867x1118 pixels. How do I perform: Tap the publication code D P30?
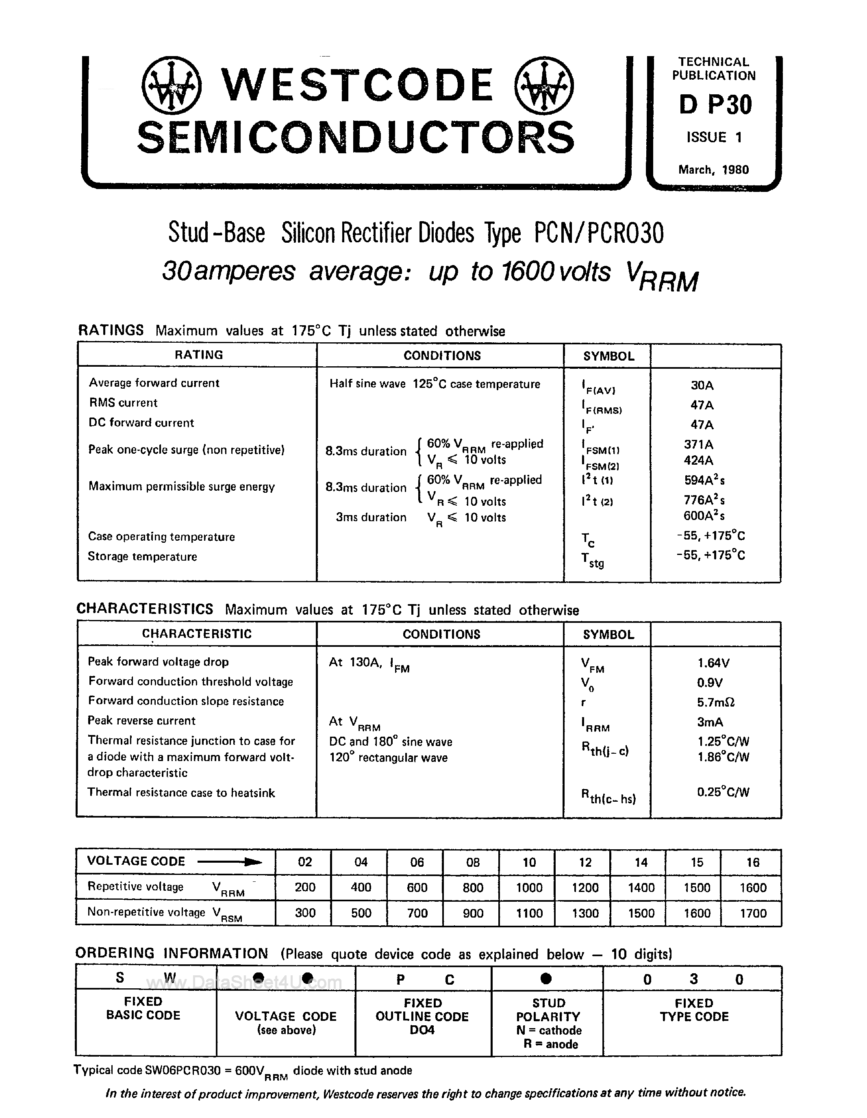click(x=715, y=105)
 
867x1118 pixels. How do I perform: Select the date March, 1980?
click(x=713, y=170)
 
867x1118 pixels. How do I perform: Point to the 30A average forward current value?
click(x=702, y=385)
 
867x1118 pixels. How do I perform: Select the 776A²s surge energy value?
click(x=704, y=500)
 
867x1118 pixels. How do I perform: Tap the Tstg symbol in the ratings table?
click(x=593, y=560)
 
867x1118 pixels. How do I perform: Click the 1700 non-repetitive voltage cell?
click(x=753, y=913)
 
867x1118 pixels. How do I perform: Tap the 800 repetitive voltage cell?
click(x=472, y=887)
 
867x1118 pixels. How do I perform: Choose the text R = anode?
click(x=550, y=1044)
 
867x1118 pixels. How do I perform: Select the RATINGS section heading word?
click(x=111, y=331)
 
